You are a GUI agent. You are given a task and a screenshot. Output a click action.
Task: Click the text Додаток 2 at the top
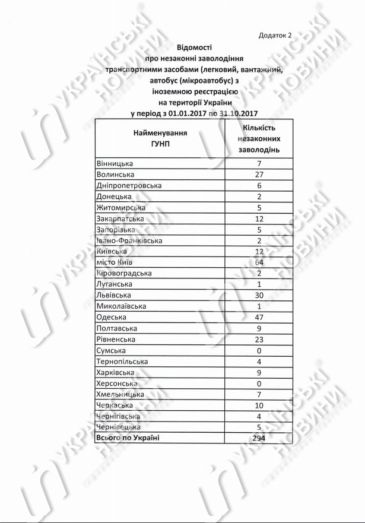[275, 35]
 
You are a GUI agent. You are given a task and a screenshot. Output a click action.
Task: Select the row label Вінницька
[115, 163]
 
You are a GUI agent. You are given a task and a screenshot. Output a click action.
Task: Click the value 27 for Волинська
[259, 175]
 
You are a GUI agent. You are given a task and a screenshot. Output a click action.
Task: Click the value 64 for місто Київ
[259, 262]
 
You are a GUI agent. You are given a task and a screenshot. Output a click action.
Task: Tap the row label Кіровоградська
[124, 273]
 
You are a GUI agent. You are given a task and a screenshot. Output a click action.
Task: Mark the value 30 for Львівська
[259, 295]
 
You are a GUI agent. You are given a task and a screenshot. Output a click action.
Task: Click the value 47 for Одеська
[259, 317]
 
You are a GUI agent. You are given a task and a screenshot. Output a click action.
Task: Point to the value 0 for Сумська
[259, 350]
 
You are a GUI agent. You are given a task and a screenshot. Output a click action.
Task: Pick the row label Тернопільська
[122, 361]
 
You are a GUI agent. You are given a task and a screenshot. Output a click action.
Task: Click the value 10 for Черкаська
[259, 405]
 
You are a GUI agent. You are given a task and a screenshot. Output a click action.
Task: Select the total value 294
[259, 438]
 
